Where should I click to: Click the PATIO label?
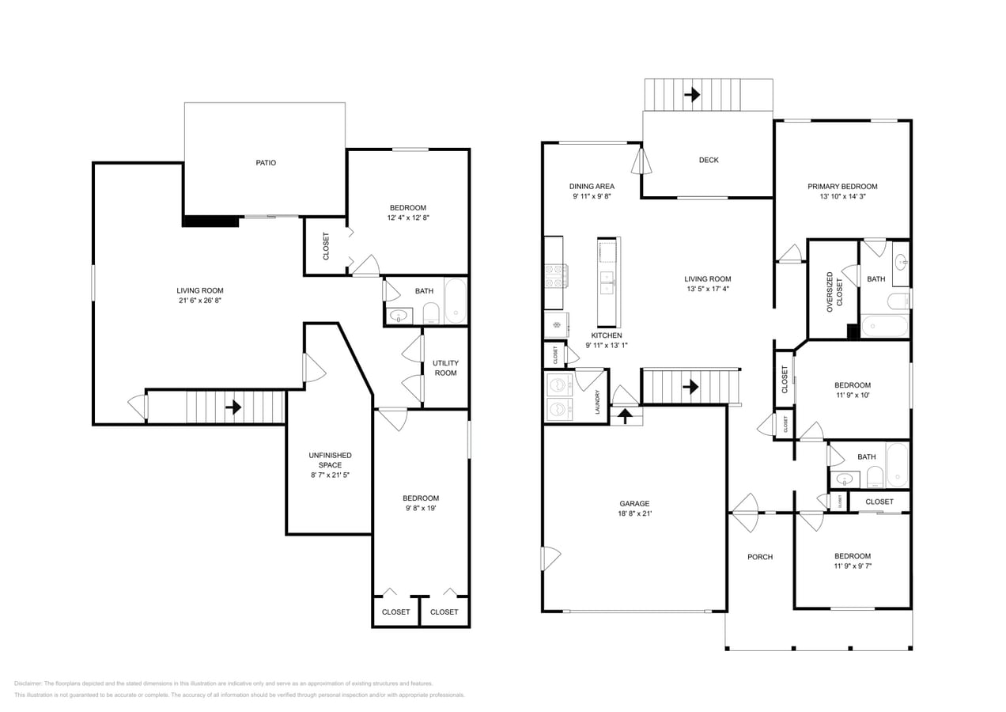coord(266,163)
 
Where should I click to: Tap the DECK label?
coord(709,160)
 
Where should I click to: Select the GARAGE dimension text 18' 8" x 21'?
coord(634,513)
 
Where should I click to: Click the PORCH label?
coord(760,557)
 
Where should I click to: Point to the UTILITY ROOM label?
coord(445,368)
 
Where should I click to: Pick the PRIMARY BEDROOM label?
coord(842,187)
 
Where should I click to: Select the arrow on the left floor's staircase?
coord(233,407)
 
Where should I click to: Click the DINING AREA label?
coord(592,187)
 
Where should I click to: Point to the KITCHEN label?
coord(606,335)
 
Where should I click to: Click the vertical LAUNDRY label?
coord(597,402)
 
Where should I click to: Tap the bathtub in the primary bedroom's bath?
coord(884,326)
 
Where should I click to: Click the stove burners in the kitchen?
coord(554,275)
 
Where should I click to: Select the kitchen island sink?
coord(608,282)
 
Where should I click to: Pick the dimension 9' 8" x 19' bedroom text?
coord(421,509)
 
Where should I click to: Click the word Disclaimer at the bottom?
coord(28,684)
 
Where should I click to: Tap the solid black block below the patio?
coord(210,222)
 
